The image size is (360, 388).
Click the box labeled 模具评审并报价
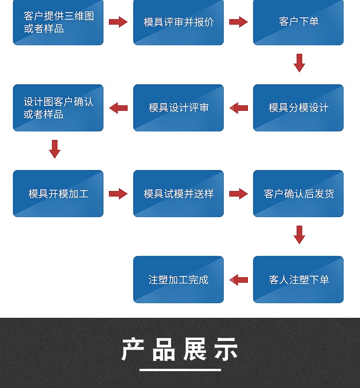(178, 22)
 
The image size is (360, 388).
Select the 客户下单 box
(298, 22)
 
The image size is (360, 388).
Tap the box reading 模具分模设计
(298, 108)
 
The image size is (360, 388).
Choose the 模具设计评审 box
(178, 108)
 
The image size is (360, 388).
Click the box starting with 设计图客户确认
(58, 108)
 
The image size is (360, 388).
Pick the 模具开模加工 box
(58, 193)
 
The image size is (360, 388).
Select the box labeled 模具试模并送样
(178, 193)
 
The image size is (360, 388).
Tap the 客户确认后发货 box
(298, 193)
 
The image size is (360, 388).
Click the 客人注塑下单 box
(298, 279)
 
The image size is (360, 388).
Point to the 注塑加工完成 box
(178, 279)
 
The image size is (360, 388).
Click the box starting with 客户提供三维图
(58, 22)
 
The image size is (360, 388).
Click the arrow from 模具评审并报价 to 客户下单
(238, 22)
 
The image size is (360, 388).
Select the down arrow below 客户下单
(299, 63)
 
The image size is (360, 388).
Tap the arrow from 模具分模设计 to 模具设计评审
(238, 108)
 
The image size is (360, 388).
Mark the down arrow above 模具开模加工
(55, 149)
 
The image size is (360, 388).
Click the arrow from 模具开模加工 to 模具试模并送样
(118, 193)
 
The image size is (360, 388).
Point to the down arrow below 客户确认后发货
(299, 235)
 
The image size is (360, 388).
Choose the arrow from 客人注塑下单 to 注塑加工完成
(238, 279)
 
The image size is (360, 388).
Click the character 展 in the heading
(195, 349)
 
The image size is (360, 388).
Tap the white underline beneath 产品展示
(180, 370)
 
